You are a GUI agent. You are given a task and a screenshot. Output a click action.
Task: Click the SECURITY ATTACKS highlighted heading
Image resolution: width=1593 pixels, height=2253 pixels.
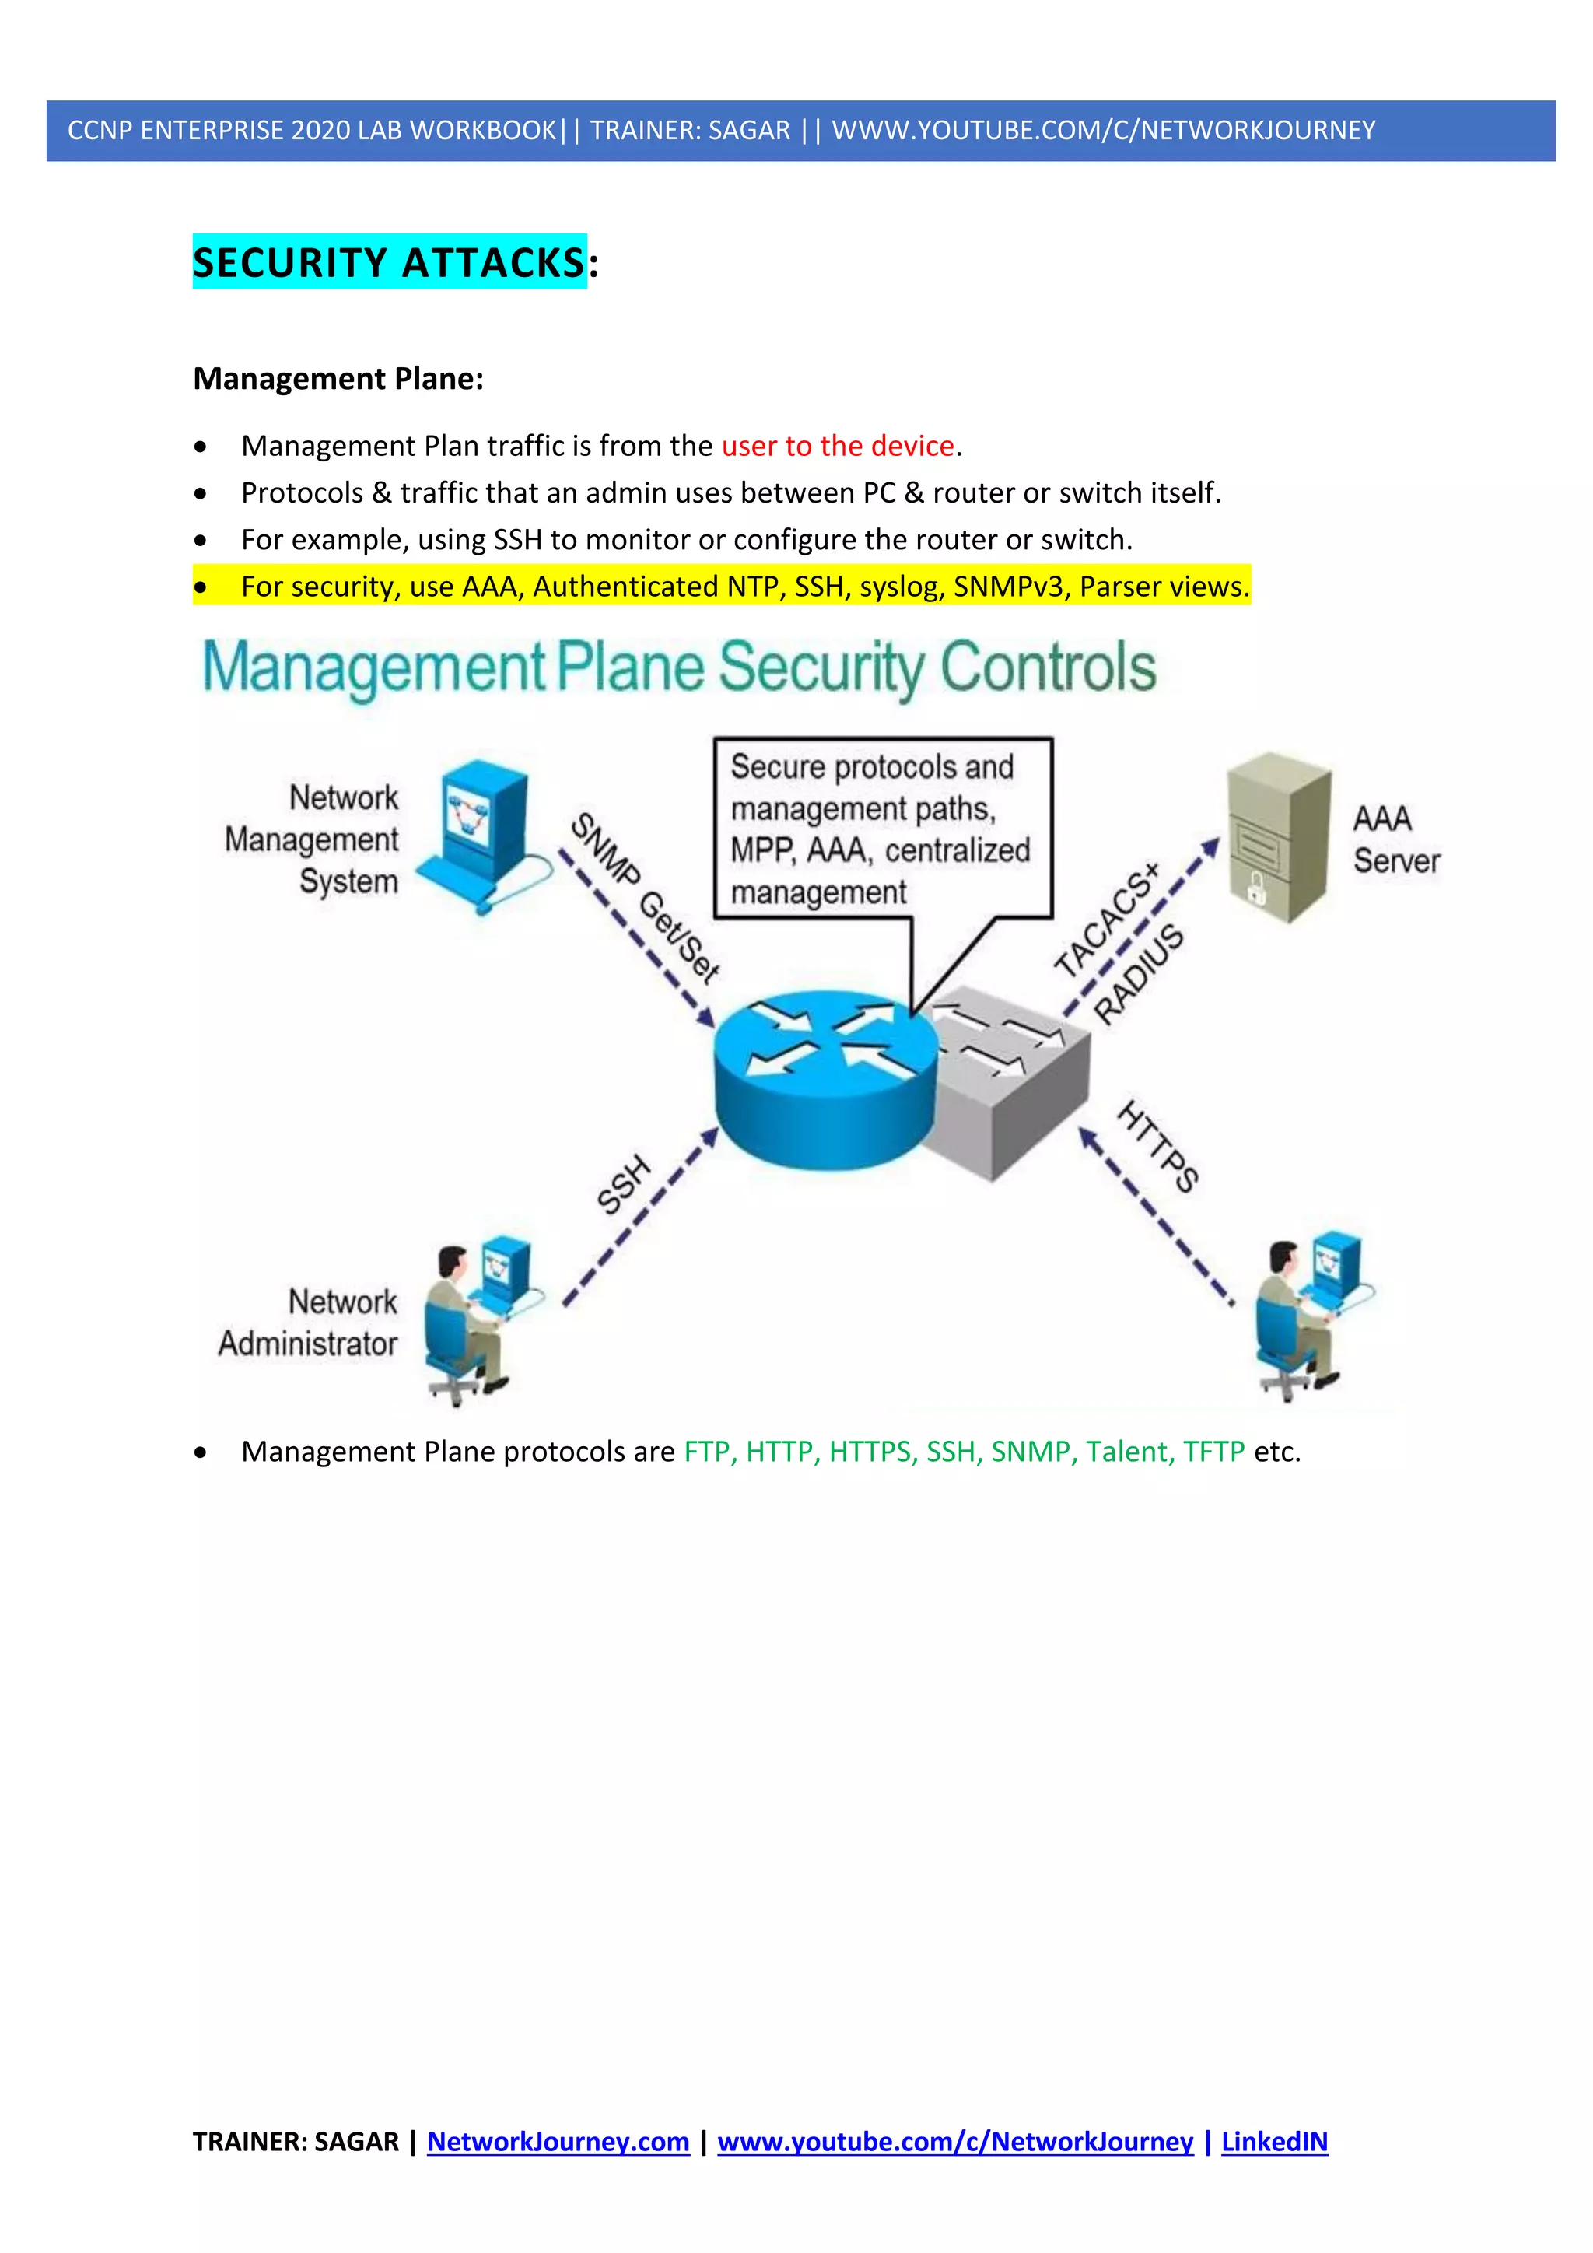pos(390,262)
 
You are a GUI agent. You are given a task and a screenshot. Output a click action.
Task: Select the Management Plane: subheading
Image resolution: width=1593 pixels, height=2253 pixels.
pos(338,379)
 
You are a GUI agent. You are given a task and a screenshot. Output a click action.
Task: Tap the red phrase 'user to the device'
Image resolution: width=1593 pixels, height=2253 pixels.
pos(838,447)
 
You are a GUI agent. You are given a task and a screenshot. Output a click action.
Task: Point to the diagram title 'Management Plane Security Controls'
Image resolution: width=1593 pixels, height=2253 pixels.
pos(679,667)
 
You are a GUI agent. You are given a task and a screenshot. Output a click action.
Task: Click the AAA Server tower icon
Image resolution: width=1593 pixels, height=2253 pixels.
pos(1278,837)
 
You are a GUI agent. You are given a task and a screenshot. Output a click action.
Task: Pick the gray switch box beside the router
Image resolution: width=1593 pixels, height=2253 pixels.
pos(1021,1089)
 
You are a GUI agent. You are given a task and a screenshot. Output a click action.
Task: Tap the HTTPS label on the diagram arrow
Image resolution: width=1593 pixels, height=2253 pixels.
pos(1158,1147)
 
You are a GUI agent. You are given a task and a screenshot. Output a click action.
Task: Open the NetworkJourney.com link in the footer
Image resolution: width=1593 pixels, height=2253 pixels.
pos(558,2141)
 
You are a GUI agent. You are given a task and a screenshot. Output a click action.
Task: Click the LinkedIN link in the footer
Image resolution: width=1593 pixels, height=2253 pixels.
pos(1273,2141)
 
